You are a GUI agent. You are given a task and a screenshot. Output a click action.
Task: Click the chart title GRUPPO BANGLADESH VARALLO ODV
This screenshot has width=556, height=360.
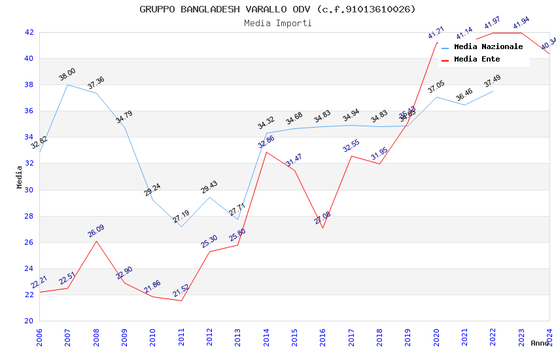click(277, 9)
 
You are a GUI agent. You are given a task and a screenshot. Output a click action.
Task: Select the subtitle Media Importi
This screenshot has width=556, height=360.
click(277, 23)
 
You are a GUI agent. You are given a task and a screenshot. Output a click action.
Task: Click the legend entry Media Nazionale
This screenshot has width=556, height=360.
click(488, 47)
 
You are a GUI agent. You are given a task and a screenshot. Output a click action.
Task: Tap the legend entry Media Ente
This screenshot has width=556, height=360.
click(477, 60)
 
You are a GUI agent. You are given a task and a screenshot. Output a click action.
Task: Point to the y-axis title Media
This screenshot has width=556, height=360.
click(20, 177)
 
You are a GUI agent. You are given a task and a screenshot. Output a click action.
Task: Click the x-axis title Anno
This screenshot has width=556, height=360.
click(540, 343)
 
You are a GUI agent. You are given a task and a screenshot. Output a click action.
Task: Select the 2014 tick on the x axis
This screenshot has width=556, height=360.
click(266, 338)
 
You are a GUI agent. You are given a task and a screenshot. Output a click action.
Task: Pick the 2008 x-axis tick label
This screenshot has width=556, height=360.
click(96, 338)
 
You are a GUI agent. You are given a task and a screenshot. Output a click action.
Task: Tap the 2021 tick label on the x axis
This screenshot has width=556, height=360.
click(464, 338)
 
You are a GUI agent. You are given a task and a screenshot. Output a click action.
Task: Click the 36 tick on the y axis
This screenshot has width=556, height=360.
click(29, 111)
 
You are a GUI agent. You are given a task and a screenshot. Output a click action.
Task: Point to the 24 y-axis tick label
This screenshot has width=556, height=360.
click(29, 269)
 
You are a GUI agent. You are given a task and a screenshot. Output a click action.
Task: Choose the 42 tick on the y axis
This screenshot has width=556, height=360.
click(29, 32)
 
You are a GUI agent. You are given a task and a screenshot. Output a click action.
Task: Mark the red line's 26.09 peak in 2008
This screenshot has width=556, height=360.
click(96, 241)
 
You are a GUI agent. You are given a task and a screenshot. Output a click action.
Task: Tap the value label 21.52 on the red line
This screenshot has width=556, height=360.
click(181, 290)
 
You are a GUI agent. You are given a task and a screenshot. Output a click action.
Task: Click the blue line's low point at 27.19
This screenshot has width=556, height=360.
click(181, 226)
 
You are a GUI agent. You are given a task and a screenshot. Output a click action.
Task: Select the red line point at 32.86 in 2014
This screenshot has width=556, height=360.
click(266, 152)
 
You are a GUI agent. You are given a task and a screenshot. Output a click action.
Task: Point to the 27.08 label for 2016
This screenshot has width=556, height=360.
click(322, 218)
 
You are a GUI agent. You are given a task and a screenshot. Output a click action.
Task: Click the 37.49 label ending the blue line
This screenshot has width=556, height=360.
click(493, 82)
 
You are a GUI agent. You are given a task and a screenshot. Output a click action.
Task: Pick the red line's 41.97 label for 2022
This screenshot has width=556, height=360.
click(493, 23)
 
